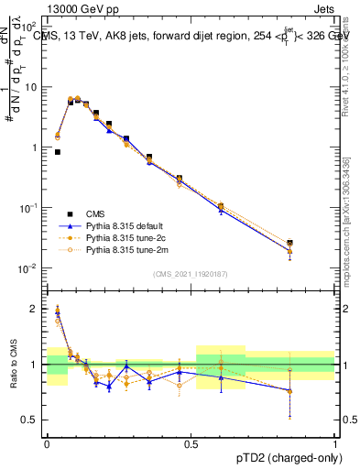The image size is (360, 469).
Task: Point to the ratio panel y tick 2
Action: click(x=35, y=309)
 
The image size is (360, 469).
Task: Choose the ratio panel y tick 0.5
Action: click(x=31, y=420)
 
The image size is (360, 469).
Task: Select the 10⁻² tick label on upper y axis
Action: click(x=28, y=268)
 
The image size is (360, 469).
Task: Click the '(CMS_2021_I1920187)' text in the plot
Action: click(x=191, y=273)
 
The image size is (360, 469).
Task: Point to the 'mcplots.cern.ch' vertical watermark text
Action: click(x=345, y=238)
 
